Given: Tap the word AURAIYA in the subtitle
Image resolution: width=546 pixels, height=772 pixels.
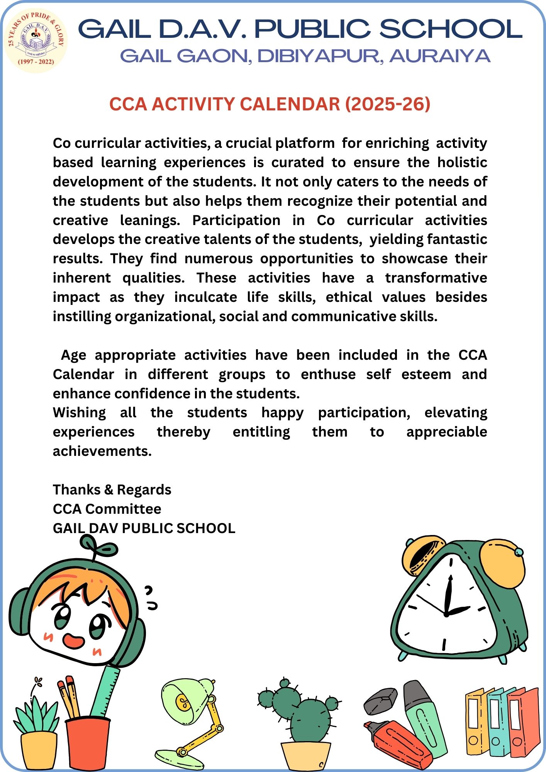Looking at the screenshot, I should tap(440, 56).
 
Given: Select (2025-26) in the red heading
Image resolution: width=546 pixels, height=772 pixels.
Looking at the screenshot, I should tap(387, 104).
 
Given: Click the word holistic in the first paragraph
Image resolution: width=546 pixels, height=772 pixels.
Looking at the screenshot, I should tap(462, 163).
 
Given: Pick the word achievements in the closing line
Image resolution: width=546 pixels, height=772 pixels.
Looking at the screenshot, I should tap(102, 451).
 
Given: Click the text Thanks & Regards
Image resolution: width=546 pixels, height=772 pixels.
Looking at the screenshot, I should tap(112, 490).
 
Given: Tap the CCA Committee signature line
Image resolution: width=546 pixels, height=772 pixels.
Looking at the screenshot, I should tap(107, 509).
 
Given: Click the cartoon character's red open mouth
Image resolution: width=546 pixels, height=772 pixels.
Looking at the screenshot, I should tap(73, 641).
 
